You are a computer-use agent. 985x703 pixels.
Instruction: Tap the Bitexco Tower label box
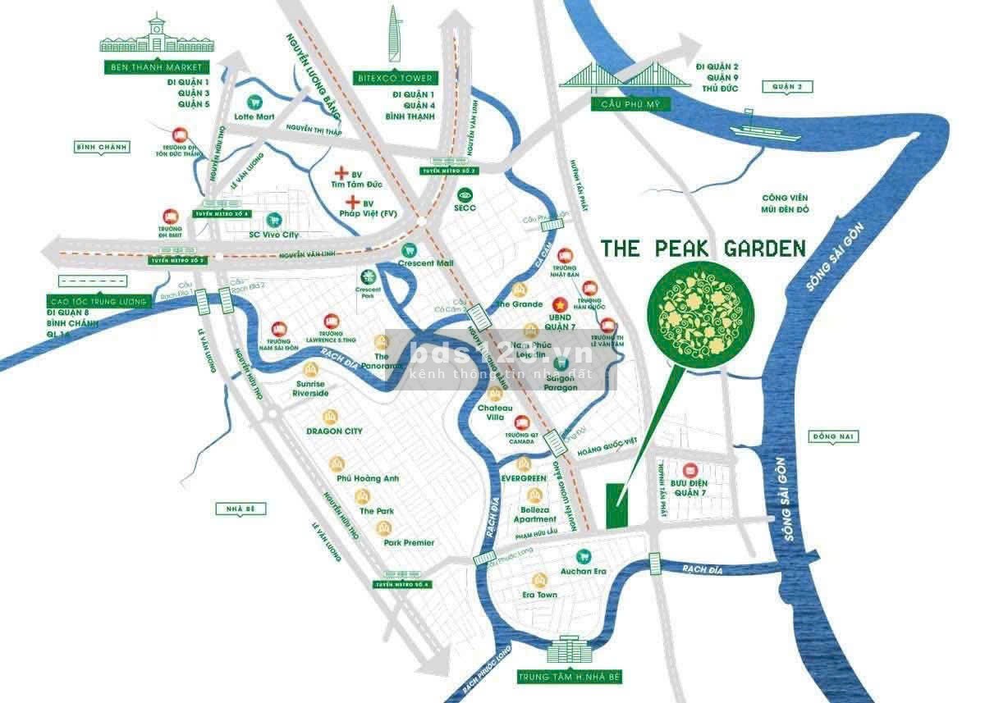pyautogui.click(x=395, y=78)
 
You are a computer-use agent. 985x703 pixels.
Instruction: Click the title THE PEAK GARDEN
pyautogui.click(x=703, y=249)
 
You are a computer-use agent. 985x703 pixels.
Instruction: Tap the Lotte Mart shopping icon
pyautogui.click(x=254, y=103)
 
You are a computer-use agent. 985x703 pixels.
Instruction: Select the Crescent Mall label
pyautogui.click(x=425, y=263)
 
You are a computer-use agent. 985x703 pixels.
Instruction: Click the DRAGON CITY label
pyautogui.click(x=334, y=431)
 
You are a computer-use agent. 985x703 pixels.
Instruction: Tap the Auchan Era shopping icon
pyautogui.click(x=584, y=555)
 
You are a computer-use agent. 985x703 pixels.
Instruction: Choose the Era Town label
pyautogui.click(x=539, y=595)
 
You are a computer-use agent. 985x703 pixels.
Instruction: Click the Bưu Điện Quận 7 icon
pyautogui.click(x=689, y=471)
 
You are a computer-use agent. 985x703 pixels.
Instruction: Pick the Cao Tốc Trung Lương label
pyautogui.click(x=97, y=302)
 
